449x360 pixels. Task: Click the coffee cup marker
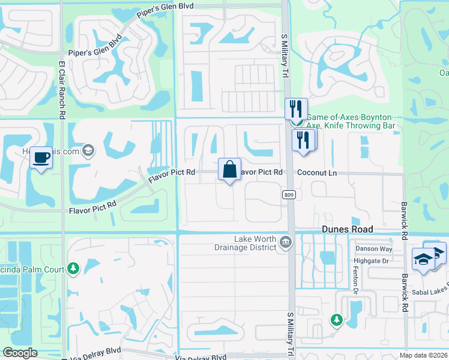(41, 158)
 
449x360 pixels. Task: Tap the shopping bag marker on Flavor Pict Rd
(230, 169)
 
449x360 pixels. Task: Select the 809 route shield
(288, 194)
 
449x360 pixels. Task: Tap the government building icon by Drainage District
(285, 242)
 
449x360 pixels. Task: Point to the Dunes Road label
(347, 229)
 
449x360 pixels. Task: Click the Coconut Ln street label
(318, 173)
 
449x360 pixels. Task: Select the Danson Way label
(374, 248)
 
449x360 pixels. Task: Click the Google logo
(20, 352)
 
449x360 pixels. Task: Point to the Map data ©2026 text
(423, 355)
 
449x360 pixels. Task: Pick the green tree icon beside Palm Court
(73, 268)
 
